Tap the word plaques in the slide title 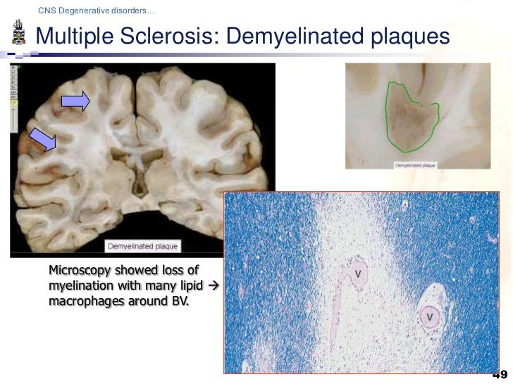click(407, 34)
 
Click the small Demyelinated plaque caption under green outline click(416, 166)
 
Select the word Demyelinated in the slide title click(290, 34)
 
